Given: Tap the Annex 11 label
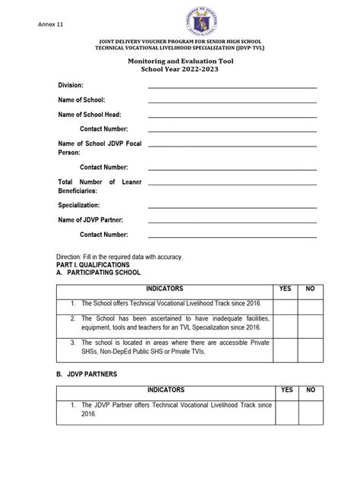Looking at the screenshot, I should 50,25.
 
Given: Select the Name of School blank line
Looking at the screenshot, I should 232,101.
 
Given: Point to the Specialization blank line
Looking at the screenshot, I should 232,207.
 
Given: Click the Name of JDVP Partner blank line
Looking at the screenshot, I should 232,221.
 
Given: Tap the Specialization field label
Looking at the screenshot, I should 79,205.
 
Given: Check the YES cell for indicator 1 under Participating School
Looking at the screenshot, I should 286,302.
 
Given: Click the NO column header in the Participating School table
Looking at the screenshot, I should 310,289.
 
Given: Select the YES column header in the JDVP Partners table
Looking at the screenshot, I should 286,390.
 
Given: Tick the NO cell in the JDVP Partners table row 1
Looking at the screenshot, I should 310,411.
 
